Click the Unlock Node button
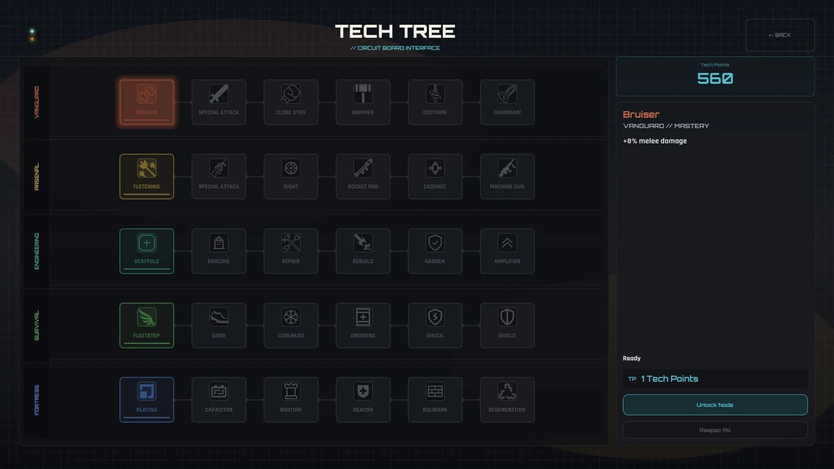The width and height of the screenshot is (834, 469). pyautogui.click(x=715, y=405)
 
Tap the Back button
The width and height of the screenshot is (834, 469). pyautogui.click(x=780, y=35)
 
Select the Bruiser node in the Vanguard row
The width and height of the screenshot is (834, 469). pyautogui.click(x=147, y=102)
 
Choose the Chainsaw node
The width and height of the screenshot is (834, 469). pyautogui.click(x=507, y=102)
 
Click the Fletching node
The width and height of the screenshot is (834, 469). pyautogui.click(x=147, y=177)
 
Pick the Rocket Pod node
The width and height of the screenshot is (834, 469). pyautogui.click(x=363, y=177)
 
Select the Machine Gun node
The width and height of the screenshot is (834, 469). pyautogui.click(x=507, y=177)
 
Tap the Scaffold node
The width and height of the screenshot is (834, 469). pyautogui.click(x=147, y=251)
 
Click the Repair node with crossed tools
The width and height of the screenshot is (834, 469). pyautogui.click(x=291, y=251)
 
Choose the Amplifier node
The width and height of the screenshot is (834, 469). pyautogui.click(x=507, y=251)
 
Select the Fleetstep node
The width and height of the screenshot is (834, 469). pyautogui.click(x=147, y=325)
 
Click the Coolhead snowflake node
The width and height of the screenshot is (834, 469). pyautogui.click(x=291, y=325)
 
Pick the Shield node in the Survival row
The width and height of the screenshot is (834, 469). pyautogui.click(x=507, y=325)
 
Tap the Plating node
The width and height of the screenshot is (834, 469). pyautogui.click(x=147, y=400)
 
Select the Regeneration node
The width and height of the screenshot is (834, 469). pyautogui.click(x=507, y=400)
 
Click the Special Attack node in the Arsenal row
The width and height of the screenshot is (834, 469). pyautogui.click(x=218, y=177)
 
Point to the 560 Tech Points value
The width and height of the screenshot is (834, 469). pyautogui.click(x=715, y=79)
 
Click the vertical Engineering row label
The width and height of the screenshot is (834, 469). pyautogui.click(x=36, y=251)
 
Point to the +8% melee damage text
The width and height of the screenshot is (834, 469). pyautogui.click(x=655, y=141)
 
